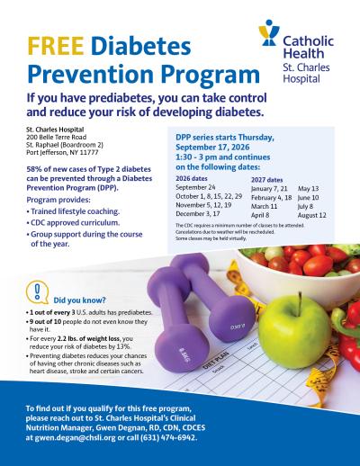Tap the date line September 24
click(197, 189)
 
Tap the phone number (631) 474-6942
click(172, 437)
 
